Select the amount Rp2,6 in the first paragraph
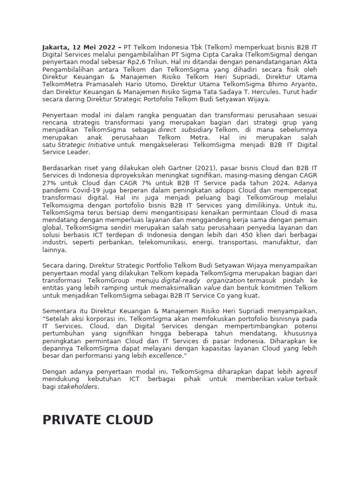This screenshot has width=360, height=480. point(141,62)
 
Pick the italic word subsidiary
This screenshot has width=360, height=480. point(197,130)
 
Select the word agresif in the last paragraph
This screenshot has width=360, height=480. point(305,371)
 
